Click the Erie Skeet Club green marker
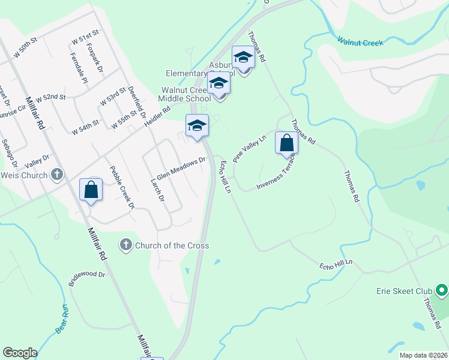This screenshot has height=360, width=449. point(442,291)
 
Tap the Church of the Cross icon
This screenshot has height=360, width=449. point(125,245)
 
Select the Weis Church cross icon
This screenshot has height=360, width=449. point(56,175)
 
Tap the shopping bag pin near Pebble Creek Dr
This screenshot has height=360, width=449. point(91,190)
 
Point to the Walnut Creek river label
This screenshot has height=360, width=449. point(360,42)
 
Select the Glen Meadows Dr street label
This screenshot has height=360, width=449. point(181,166)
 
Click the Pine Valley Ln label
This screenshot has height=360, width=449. point(249,148)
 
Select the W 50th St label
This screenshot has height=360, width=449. point(24,43)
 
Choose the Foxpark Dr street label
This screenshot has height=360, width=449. point(95,57)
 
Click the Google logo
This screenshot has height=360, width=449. point(20,353)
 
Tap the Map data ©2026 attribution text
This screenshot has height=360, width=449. point(423,355)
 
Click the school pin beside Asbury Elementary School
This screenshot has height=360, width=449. point(243,58)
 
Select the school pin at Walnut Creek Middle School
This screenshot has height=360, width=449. point(219,84)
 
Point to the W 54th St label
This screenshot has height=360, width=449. point(85,127)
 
